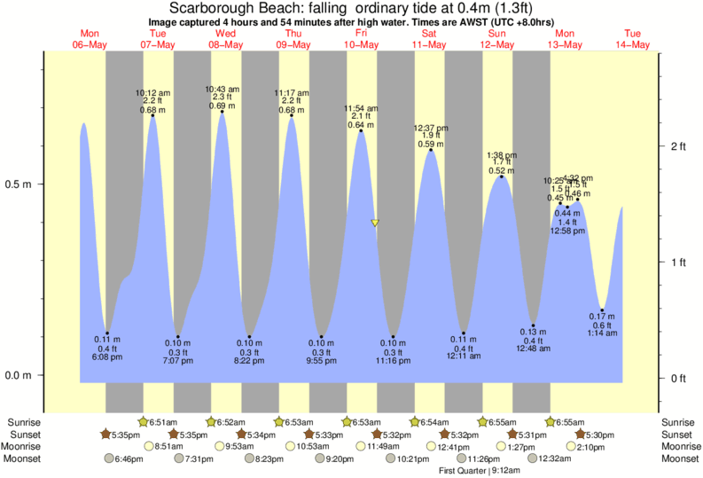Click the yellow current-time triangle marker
(x=375, y=223)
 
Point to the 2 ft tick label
(x=678, y=145)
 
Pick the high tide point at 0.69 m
(x=222, y=114)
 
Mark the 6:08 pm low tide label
(x=108, y=357)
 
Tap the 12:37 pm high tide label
(x=431, y=128)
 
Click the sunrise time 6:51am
(x=163, y=421)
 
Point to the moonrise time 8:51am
(x=169, y=446)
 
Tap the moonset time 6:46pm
(x=129, y=458)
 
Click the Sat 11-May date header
(x=429, y=39)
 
